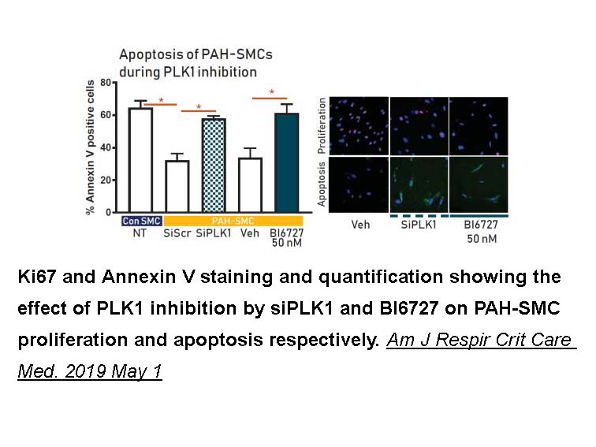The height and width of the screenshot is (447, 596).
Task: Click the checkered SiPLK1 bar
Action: coord(214,166)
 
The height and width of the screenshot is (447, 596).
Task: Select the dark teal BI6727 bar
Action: coord(287,162)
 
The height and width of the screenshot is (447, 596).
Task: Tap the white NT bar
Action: coord(140,160)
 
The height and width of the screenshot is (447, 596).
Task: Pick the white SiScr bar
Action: coord(177,186)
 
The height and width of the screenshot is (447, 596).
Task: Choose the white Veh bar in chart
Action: coord(250,185)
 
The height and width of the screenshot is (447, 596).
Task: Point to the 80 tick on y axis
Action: coord(106,83)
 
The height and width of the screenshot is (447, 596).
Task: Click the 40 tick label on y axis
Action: coord(106,147)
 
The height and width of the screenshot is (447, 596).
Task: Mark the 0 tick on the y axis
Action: coord(108,212)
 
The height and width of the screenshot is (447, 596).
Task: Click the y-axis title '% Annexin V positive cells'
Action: coord(90,147)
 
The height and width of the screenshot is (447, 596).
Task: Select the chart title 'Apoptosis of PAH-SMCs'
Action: coord(196,54)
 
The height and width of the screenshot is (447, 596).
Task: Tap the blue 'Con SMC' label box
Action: coord(142,221)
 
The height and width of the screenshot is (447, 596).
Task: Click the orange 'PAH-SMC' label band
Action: coord(233,221)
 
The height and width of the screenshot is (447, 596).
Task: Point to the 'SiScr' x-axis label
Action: coord(177,233)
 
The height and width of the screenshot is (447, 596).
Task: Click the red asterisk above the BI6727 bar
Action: coord(272,92)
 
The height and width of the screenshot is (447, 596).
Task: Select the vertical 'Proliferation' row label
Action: coord(322,126)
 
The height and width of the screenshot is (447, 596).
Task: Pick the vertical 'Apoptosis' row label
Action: coord(322,184)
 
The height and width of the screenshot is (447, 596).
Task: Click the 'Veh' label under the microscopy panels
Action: coord(360,225)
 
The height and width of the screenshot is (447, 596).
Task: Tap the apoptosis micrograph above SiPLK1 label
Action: coord(419,184)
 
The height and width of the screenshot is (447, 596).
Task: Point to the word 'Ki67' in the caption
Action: coord(37,277)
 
